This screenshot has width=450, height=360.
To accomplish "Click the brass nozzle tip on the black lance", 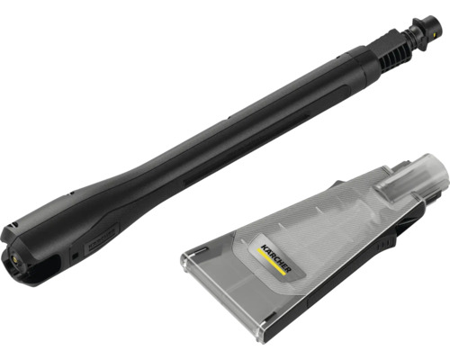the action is point(14,258).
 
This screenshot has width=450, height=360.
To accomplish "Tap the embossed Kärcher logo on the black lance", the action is point(102,238).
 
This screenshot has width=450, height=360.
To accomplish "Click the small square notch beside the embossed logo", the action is point(76,256).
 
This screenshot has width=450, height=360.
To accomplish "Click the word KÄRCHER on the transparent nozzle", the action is point(275,258).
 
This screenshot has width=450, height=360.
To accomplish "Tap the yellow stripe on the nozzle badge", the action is point(271,262).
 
